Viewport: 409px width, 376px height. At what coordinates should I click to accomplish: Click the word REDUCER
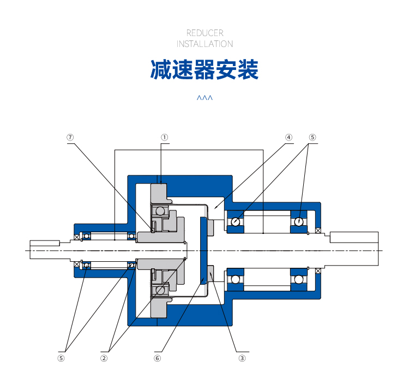pos(204,33)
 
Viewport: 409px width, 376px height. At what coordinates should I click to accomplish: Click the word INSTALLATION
pos(204,44)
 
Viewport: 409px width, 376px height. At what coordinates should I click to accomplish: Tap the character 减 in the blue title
pos(161,69)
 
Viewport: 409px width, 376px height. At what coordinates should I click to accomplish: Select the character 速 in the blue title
pos(183,69)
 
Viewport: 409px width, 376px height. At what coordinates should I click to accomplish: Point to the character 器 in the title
pos(204,69)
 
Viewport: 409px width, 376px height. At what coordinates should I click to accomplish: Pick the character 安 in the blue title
pos(226,69)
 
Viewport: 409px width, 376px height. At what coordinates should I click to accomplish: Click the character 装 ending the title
pos(248,69)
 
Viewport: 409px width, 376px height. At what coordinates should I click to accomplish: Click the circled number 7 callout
pos(70,137)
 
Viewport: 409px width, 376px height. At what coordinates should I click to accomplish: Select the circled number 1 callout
pos(164,137)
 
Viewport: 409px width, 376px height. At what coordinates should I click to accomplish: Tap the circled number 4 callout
pos(288,137)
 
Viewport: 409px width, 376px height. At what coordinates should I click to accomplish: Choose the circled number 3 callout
pos(242,358)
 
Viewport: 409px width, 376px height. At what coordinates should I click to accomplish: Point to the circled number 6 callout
pos(157,358)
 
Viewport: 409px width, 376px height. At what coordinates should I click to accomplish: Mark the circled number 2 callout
pos(104,358)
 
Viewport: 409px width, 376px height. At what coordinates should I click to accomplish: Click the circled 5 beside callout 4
pos(312,137)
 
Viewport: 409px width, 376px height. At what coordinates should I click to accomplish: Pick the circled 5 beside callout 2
pos(61,358)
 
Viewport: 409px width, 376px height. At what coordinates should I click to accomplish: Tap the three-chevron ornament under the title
pos(204,98)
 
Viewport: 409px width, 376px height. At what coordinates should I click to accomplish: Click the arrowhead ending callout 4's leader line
pos(215,207)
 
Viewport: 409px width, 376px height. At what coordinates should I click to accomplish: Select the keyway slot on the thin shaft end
pos(45,243)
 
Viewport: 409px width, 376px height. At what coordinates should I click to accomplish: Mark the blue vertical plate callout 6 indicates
pos(203,250)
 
